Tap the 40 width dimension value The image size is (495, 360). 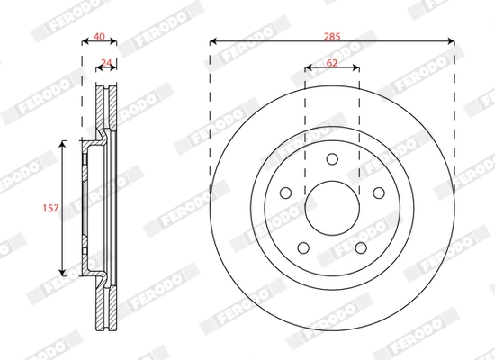pos(100,37)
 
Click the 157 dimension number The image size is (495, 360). pos(51,208)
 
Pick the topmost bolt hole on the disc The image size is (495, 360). pos(331,160)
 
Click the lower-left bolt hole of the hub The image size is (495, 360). pos(304,247)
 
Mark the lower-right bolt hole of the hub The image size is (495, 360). pos(359,247)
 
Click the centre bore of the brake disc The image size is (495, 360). pos(331,207)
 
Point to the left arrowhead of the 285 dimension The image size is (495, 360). pos(212,41)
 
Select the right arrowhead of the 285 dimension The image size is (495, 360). pos(451,41)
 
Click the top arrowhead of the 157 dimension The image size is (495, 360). pos(63,143)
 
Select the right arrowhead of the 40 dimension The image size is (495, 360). pos(115,41)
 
